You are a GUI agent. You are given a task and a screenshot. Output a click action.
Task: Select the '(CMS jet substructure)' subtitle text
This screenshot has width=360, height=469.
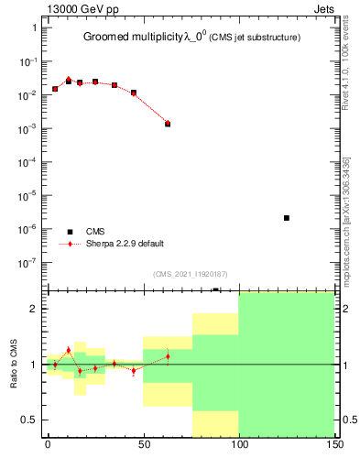[x=262, y=38]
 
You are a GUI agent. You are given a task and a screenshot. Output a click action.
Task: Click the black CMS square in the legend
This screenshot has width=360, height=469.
[x=70, y=232]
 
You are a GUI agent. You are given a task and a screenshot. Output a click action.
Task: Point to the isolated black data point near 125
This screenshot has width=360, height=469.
[x=287, y=218]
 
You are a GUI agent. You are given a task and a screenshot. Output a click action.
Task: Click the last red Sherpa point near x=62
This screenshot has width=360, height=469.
[x=168, y=122]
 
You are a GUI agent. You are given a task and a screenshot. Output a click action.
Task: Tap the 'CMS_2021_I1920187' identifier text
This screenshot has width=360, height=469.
[x=190, y=273]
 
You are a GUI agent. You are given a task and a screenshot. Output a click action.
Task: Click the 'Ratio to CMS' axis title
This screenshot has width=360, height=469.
[x=15, y=364]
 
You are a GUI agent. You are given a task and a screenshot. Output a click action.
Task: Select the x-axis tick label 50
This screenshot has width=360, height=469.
[x=143, y=443]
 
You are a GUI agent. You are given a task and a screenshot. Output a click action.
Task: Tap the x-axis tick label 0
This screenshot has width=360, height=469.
[x=48, y=443]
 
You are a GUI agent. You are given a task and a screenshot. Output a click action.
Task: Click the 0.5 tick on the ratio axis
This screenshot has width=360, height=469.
[x=32, y=420]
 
